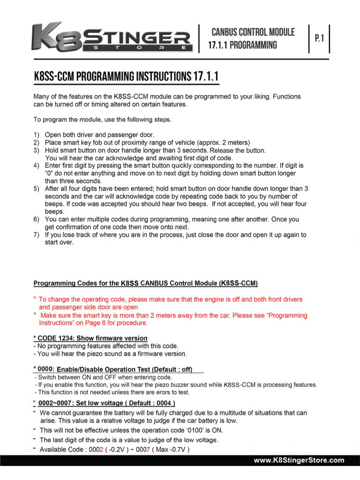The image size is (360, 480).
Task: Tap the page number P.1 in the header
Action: click(320, 38)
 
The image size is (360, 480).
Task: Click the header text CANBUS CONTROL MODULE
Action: click(253, 32)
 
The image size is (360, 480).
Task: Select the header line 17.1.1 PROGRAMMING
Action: click(242, 45)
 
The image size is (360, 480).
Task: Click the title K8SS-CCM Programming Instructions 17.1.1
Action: click(126, 76)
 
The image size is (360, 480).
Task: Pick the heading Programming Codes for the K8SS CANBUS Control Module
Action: click(145, 283)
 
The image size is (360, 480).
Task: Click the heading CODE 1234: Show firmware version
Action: click(90, 338)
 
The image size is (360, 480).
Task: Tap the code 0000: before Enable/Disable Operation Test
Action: click(45, 368)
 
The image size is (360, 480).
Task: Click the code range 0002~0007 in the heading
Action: click(55, 403)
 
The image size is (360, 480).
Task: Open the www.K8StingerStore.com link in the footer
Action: click(299, 460)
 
